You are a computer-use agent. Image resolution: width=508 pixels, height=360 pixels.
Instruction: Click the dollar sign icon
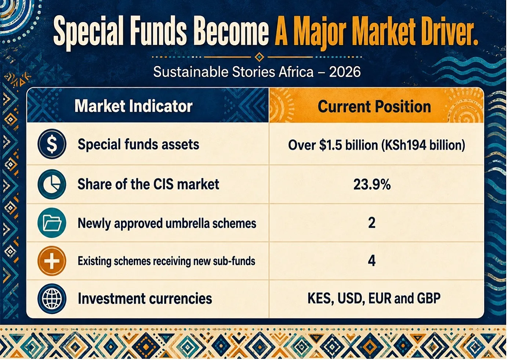52,144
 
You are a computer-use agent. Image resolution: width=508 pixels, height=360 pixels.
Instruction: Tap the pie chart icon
52,184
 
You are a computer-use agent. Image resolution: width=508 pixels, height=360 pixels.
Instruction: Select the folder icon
52,223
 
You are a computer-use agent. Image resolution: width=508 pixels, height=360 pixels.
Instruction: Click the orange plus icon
52,261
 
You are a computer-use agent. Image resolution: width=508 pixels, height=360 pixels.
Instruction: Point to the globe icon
52,299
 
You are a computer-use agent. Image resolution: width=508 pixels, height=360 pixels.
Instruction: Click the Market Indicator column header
134,106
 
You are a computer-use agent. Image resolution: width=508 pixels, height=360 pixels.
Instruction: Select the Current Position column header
374,107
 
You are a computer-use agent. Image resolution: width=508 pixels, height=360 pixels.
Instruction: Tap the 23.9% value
372,184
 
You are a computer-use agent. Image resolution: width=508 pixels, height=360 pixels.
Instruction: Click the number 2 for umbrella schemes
372,223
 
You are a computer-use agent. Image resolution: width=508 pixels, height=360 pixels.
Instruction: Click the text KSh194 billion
423,145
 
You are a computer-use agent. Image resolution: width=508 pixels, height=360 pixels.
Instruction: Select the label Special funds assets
138,145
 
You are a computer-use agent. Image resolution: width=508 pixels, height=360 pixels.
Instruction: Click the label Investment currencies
145,298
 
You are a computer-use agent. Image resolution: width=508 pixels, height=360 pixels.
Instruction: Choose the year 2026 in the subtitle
345,72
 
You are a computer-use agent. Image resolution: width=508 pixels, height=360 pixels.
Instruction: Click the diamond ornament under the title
259,57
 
